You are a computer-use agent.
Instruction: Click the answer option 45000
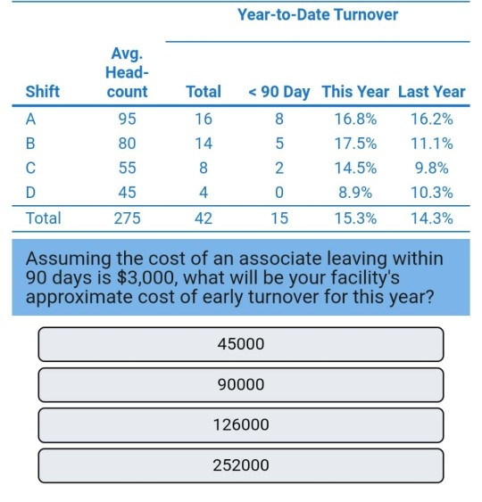(x=240, y=344)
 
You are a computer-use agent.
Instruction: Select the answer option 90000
(x=240, y=384)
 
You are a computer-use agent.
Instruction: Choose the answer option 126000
(x=240, y=425)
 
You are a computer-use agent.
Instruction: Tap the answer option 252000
(x=240, y=465)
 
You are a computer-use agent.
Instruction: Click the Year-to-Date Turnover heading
(x=318, y=15)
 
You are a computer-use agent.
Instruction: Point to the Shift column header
(x=43, y=92)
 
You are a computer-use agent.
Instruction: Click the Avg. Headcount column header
(x=127, y=73)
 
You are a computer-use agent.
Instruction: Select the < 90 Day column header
(x=279, y=92)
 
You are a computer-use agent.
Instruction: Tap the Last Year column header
(x=431, y=92)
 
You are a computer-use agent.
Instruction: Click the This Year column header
(x=355, y=92)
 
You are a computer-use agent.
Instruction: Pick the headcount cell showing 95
(x=127, y=119)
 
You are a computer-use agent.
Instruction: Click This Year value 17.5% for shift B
(x=355, y=143)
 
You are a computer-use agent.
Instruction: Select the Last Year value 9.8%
(x=431, y=168)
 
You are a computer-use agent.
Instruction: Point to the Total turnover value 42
(x=204, y=218)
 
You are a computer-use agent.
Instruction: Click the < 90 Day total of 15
(x=279, y=218)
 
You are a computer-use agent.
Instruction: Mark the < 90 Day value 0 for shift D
(x=279, y=192)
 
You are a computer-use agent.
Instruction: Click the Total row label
(x=44, y=218)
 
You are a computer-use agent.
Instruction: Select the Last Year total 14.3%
(x=431, y=218)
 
